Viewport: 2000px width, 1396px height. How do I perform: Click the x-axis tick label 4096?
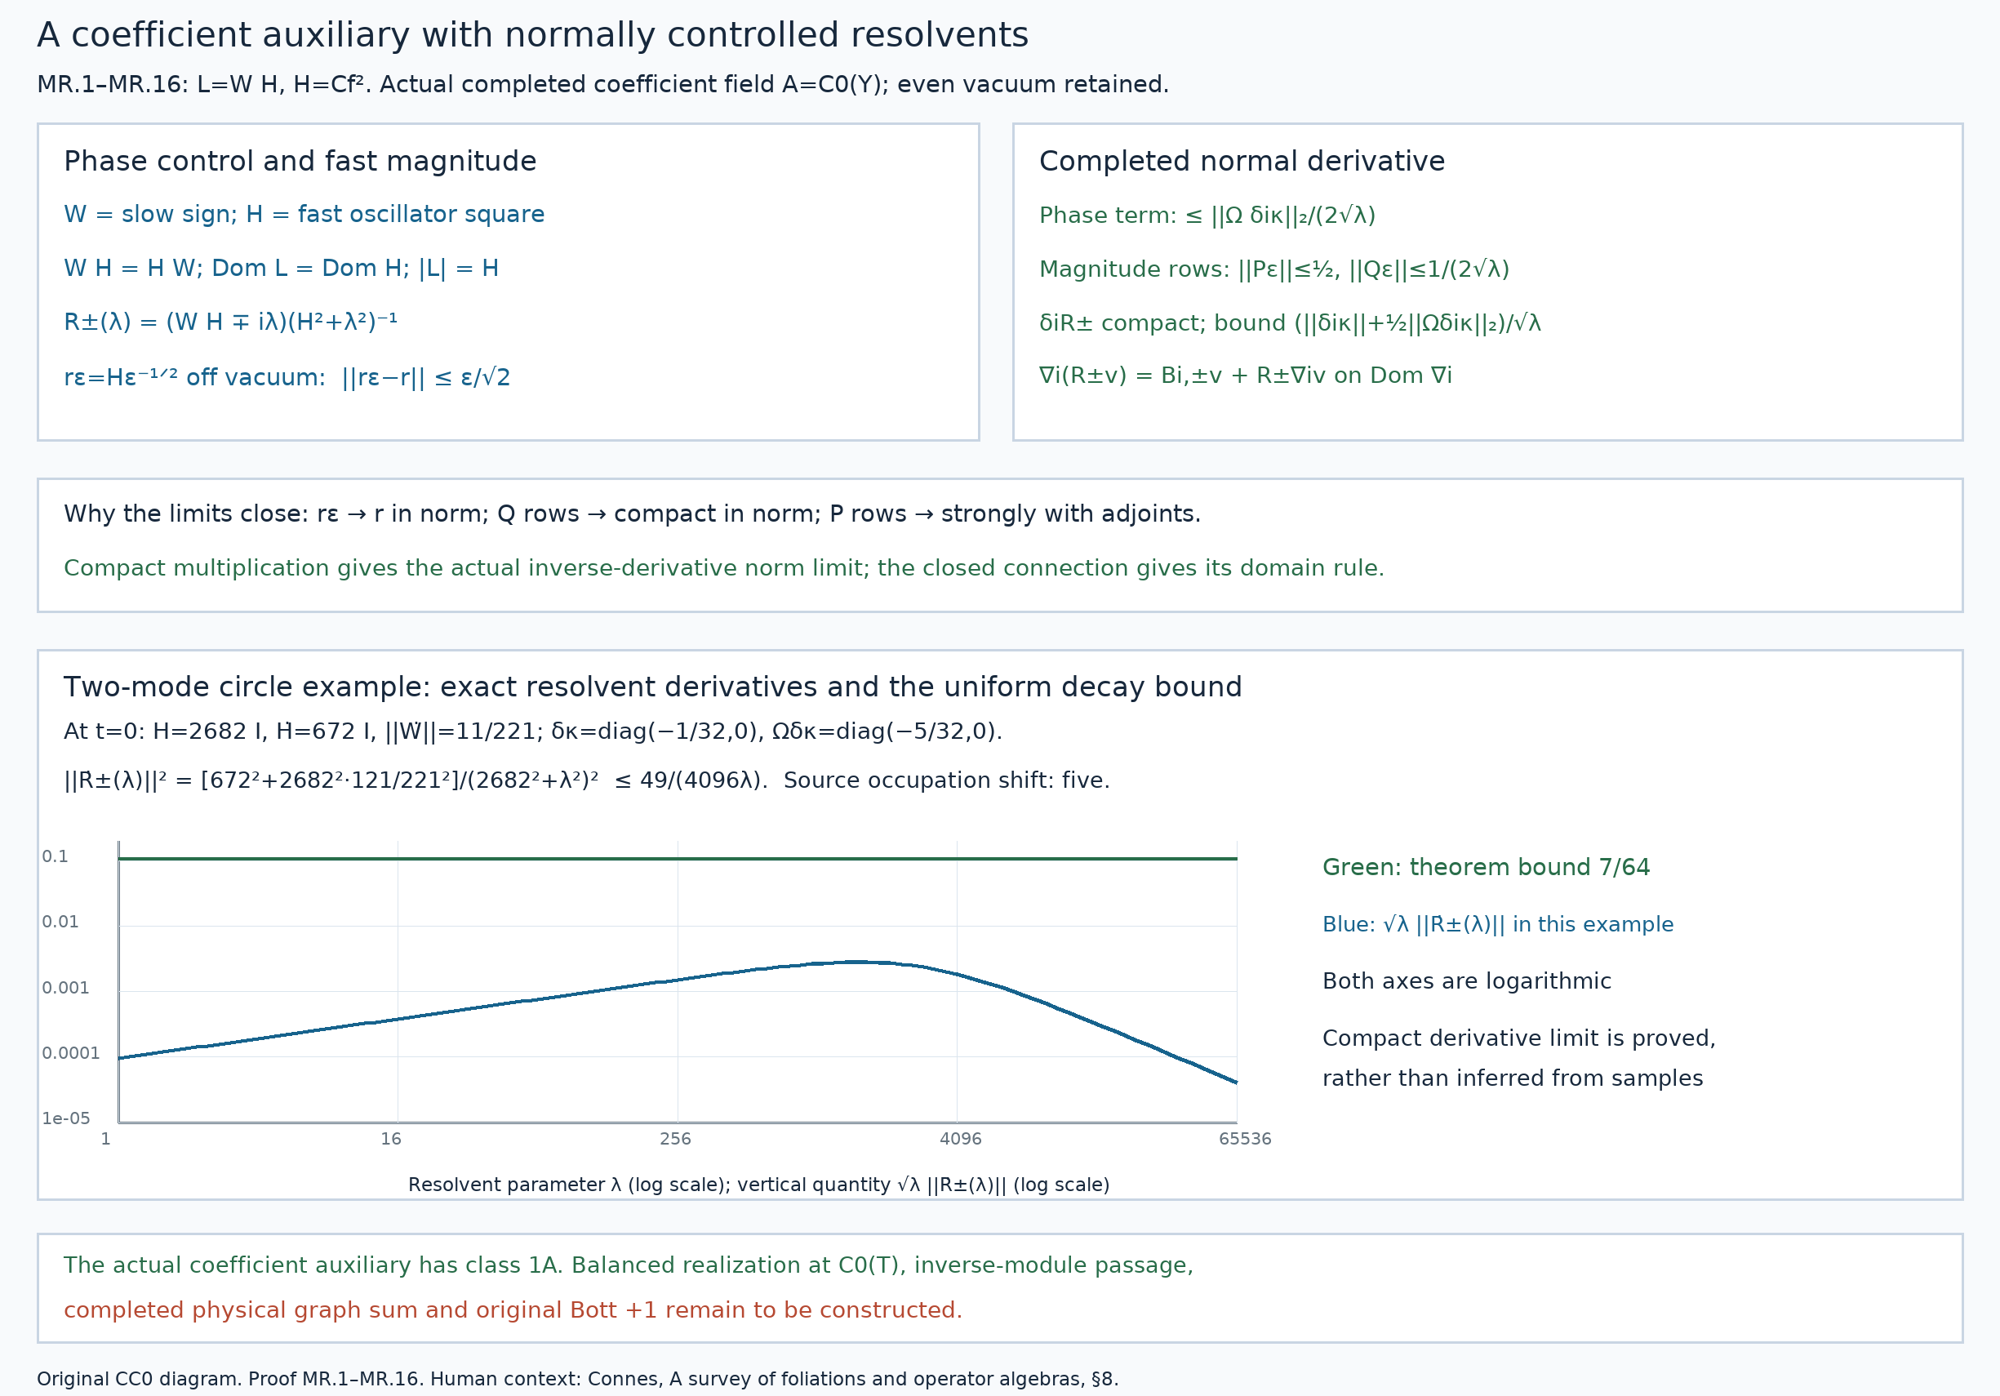[x=960, y=1138]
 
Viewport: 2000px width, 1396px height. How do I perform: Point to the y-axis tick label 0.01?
[x=60, y=922]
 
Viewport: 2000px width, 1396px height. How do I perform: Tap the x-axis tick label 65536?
[x=1245, y=1138]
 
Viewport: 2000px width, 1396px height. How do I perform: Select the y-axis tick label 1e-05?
[x=65, y=1118]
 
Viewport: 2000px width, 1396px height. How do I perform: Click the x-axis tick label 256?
[x=675, y=1138]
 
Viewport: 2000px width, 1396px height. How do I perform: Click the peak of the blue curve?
[x=858, y=962]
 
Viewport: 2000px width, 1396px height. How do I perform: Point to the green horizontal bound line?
[x=678, y=859]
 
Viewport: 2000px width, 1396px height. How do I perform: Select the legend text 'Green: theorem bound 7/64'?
[x=1486, y=867]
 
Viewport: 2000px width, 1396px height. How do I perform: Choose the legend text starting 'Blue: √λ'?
[x=1497, y=924]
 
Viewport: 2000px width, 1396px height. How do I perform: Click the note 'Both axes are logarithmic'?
[x=1467, y=980]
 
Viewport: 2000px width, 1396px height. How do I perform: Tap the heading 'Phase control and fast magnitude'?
[x=300, y=161]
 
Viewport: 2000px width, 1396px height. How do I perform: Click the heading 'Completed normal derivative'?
[x=1242, y=161]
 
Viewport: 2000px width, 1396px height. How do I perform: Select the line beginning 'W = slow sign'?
[x=304, y=214]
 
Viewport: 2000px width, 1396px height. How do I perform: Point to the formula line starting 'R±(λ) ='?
[x=231, y=322]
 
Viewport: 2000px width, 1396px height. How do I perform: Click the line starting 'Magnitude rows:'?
[x=1274, y=269]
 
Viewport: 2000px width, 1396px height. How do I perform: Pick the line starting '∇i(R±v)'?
[x=1246, y=376]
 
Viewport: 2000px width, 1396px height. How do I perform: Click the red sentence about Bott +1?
[x=513, y=1309]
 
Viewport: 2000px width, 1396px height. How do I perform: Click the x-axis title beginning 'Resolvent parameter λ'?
[x=758, y=1185]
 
